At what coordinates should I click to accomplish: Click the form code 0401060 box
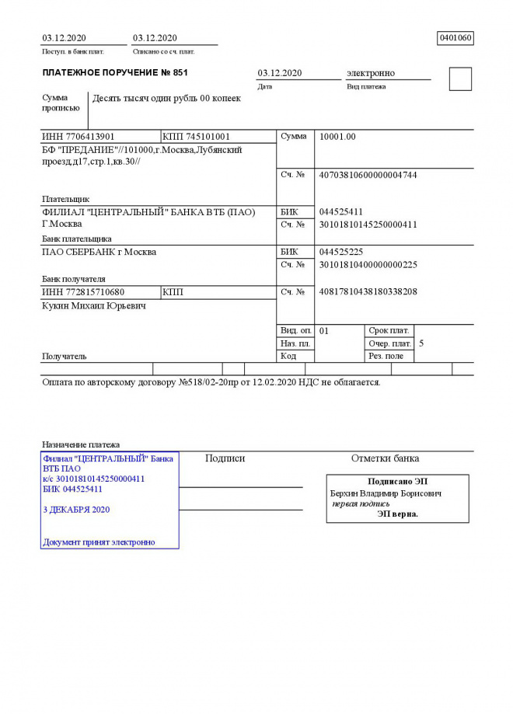point(455,37)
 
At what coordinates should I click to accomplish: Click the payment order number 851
point(178,72)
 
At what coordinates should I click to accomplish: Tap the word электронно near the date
point(370,73)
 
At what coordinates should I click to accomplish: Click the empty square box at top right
point(460,79)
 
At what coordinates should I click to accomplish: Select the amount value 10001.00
point(337,137)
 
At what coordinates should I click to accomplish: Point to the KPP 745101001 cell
point(197,137)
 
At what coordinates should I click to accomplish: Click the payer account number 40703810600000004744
point(368,176)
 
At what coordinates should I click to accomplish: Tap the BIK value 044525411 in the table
point(341,211)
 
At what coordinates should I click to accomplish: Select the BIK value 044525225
point(341,252)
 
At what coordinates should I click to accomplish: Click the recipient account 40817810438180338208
point(368,292)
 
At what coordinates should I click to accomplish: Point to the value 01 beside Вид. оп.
point(324,330)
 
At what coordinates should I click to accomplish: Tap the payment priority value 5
point(421,343)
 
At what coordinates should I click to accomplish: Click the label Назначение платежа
point(81,444)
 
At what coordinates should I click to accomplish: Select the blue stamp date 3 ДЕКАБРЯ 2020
point(76,510)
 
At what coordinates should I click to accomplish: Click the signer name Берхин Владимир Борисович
point(386,493)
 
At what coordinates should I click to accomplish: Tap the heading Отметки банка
point(385,458)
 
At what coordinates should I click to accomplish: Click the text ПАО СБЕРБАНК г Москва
point(99,252)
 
